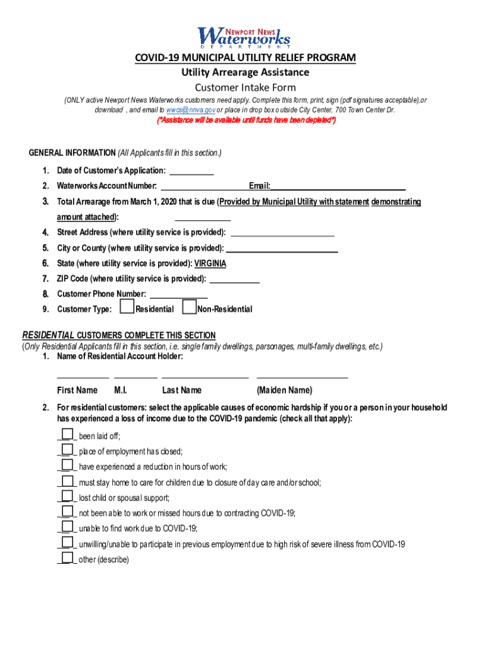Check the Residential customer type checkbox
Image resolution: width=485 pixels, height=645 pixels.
coord(127,307)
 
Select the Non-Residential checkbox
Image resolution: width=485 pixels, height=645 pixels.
coord(188,307)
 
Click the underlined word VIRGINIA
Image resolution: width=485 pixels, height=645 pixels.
coord(210,264)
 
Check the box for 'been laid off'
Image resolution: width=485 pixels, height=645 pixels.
coord(67,435)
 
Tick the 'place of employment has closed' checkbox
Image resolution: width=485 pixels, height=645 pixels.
coord(67,450)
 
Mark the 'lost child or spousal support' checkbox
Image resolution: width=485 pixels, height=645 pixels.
coord(67,497)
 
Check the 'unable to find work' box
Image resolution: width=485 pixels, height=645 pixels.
coord(67,528)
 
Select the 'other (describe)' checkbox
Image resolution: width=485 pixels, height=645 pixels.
coord(67,559)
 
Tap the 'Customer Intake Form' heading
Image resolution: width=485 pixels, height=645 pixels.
coord(245,88)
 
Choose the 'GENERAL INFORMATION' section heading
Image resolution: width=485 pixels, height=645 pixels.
coord(72,153)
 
